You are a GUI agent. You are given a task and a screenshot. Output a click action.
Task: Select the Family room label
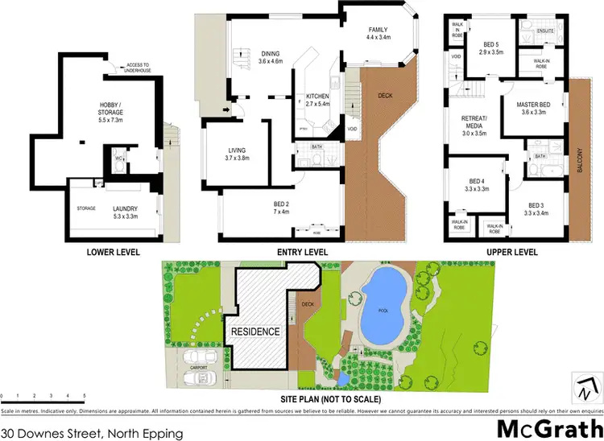click(x=379, y=32)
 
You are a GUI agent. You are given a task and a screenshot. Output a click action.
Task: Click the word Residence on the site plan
click(x=255, y=332)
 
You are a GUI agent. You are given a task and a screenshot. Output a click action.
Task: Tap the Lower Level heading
click(x=113, y=252)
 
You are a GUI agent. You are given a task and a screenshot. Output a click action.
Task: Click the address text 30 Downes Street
click(x=92, y=432)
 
